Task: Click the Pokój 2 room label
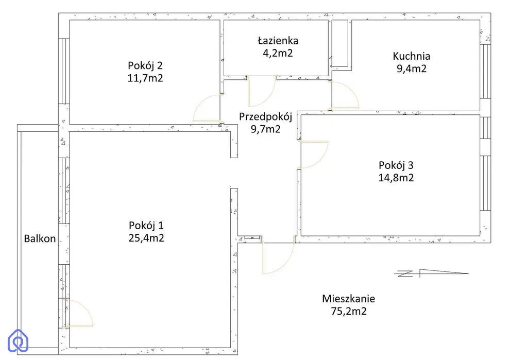pyautogui.click(x=145, y=66)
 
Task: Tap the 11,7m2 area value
pyautogui.click(x=145, y=78)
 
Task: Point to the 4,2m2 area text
pyautogui.click(x=278, y=53)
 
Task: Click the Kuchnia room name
pyautogui.click(x=412, y=56)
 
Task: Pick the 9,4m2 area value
pyautogui.click(x=412, y=68)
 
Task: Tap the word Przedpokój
pyautogui.click(x=265, y=117)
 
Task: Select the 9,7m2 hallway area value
pyautogui.click(x=265, y=129)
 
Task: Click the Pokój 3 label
pyautogui.click(x=396, y=165)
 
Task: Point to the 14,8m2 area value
pyautogui.click(x=396, y=178)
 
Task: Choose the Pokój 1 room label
pyautogui.click(x=146, y=226)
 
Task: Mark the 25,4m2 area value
pyautogui.click(x=146, y=238)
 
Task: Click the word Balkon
pyautogui.click(x=40, y=238)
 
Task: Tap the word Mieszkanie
pyautogui.click(x=348, y=299)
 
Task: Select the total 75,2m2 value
pyautogui.click(x=349, y=311)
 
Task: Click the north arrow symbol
pyautogui.click(x=432, y=273)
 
